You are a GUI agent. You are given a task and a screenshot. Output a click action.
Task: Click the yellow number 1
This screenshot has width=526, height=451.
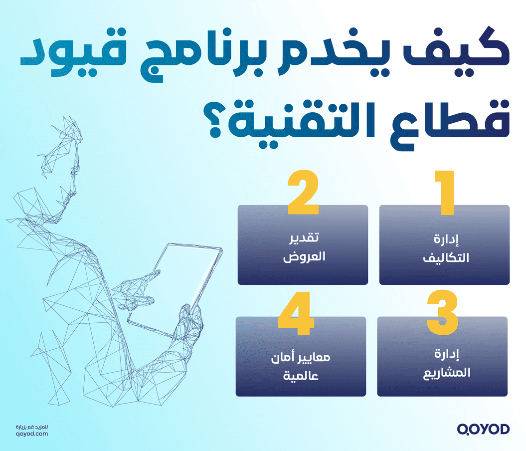pyautogui.click(x=445, y=194)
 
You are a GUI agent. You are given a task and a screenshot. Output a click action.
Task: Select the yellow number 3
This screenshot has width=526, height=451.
pyautogui.click(x=442, y=313)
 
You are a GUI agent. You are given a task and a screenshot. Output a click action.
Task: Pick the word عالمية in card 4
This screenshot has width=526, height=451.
pyautogui.click(x=301, y=375)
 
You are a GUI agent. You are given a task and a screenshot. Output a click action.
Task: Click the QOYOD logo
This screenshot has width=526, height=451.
pyautogui.click(x=483, y=429)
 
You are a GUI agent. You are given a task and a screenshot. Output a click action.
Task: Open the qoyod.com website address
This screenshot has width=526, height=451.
pyautogui.click(x=32, y=435)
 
